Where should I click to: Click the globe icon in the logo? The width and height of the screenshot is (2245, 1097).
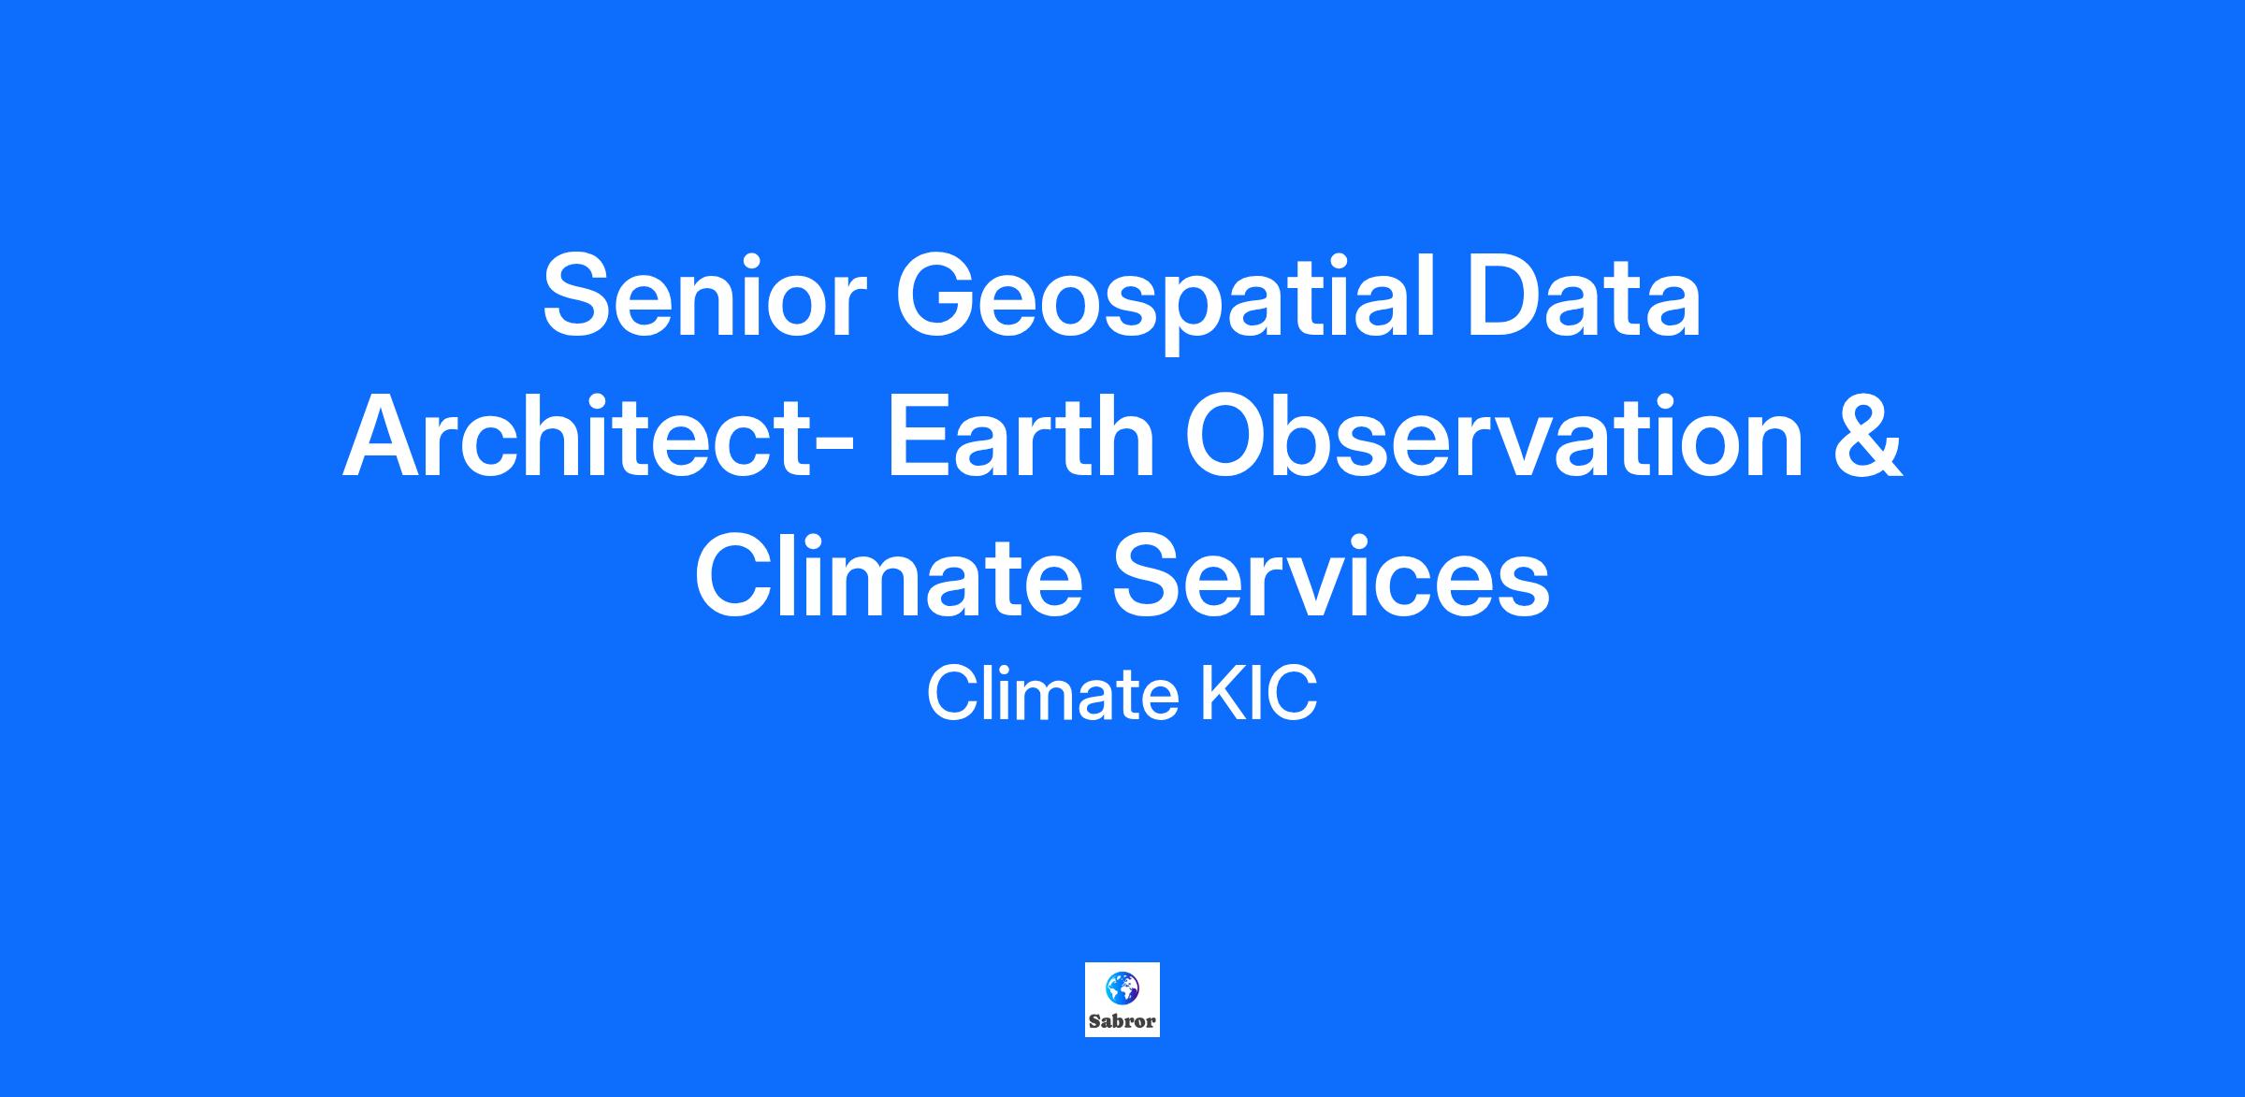click(x=1122, y=988)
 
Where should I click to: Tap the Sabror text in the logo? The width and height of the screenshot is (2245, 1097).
click(x=1122, y=1021)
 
